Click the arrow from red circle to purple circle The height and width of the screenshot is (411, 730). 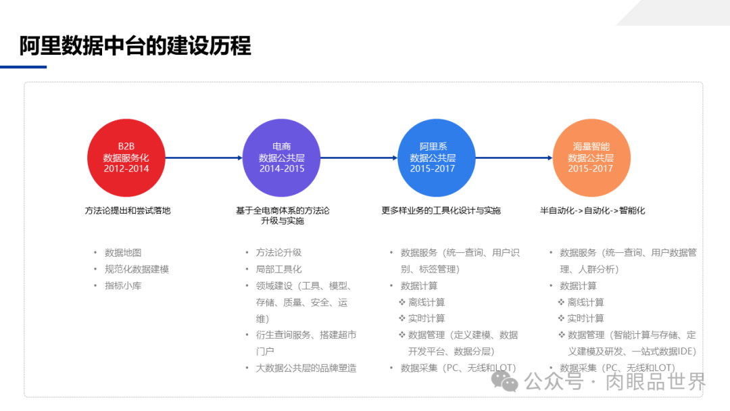tap(203, 158)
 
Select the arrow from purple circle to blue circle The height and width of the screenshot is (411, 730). tap(358, 158)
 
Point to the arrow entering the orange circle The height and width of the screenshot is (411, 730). tap(514, 158)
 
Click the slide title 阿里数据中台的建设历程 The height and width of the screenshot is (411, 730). tap(135, 46)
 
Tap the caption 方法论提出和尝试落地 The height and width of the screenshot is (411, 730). tap(127, 210)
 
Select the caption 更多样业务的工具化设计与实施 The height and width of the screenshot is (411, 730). tap(441, 210)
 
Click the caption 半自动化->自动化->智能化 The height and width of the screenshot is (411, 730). tap(592, 210)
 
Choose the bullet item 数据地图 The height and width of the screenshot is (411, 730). tap(123, 253)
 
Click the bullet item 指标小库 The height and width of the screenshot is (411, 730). tap(123, 286)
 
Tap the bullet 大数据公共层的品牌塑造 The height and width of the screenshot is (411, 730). tap(306, 368)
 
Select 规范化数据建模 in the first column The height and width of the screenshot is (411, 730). tap(137, 269)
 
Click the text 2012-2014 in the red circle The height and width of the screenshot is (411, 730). tap(126, 168)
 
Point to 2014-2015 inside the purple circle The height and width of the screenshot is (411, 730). tap(282, 168)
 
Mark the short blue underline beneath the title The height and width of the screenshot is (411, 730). tap(23, 67)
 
